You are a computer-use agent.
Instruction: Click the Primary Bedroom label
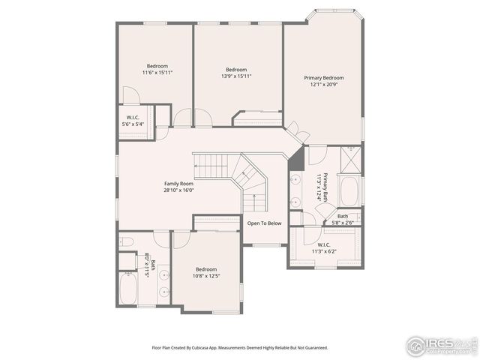323,78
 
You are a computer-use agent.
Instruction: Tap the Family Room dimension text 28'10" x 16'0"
179,190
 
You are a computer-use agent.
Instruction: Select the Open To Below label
265,223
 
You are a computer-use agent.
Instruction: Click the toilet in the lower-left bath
127,242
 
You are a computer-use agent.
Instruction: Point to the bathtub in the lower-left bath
127,289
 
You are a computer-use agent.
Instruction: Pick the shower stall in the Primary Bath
350,160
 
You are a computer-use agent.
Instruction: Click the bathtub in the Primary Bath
349,190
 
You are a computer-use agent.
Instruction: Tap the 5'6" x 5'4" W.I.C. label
133,121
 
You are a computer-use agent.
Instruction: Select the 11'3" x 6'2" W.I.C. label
327,248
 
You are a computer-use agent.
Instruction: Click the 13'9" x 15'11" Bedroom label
236,73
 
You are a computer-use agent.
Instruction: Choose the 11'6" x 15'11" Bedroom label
157,69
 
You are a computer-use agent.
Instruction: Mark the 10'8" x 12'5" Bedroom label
206,273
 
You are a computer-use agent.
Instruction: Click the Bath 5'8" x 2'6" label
342,219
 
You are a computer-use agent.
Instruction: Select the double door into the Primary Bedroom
300,133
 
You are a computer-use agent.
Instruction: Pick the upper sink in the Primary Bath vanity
295,180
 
